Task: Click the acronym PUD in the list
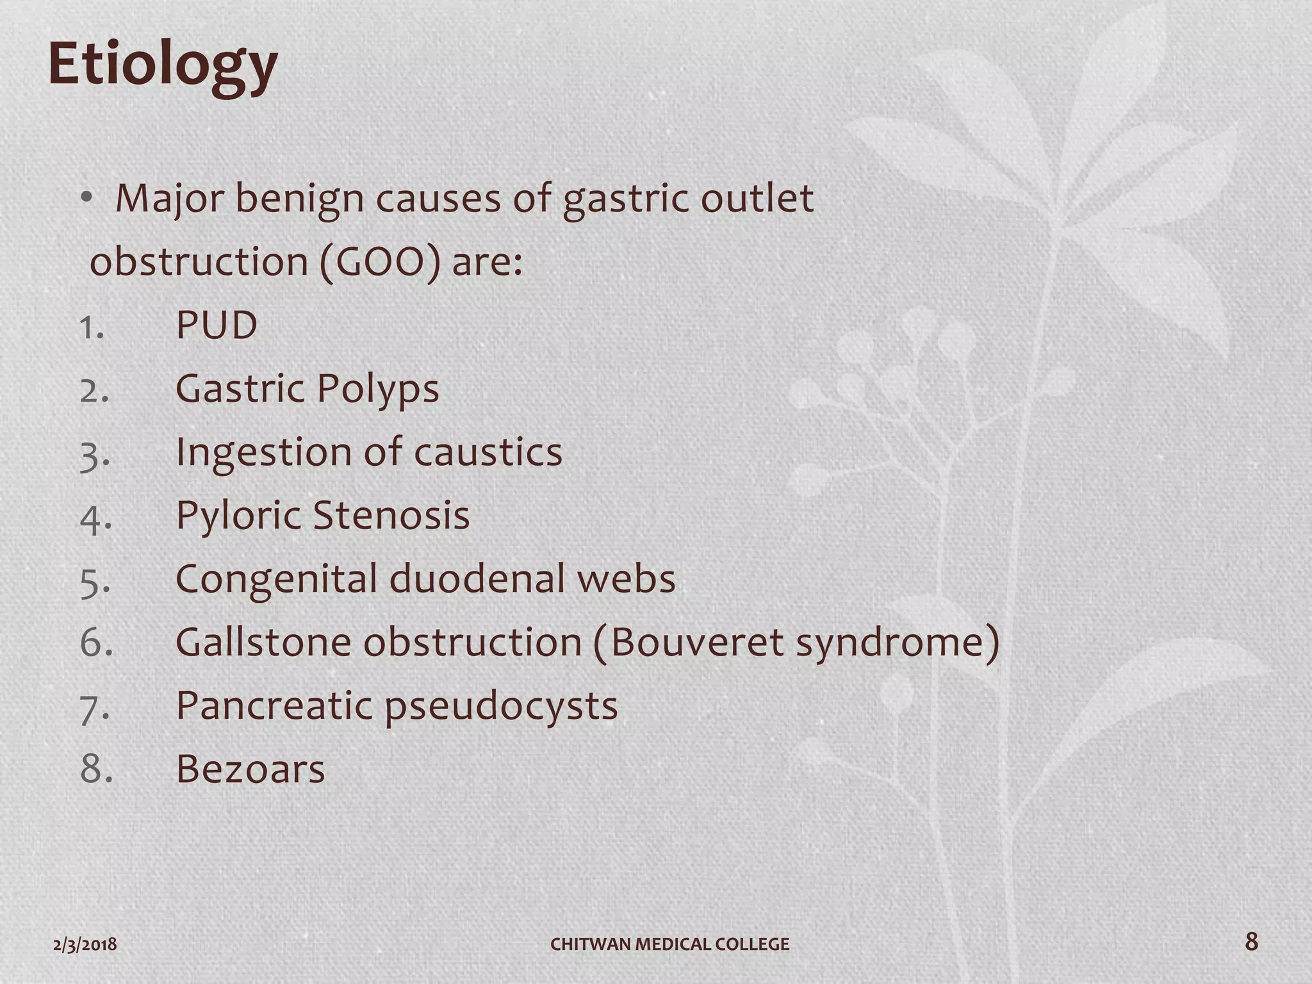click(x=217, y=325)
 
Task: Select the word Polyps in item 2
click(x=377, y=389)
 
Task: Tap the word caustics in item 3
click(x=488, y=452)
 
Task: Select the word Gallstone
click(x=263, y=642)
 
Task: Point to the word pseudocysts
click(x=501, y=706)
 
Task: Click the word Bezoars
click(x=250, y=769)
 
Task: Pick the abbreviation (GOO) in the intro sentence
click(x=380, y=262)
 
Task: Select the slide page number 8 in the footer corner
click(x=1251, y=942)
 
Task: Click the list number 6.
click(x=96, y=642)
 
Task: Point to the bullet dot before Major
click(x=87, y=199)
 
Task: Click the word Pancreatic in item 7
click(x=274, y=706)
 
